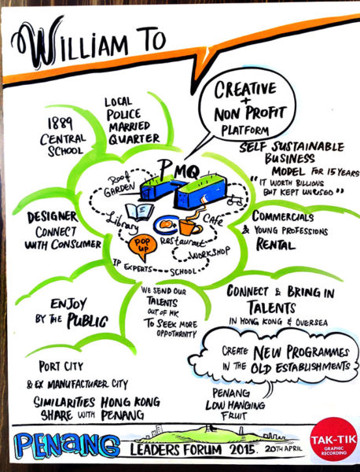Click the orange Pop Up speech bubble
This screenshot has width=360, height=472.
coord(142,247)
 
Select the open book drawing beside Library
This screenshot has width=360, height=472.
coord(139,212)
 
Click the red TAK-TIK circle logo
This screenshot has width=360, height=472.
coord(333,439)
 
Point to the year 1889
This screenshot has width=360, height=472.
coord(61,124)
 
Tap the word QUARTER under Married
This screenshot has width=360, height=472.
coord(134,138)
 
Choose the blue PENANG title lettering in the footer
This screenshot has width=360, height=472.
coord(67,445)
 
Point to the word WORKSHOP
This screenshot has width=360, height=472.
coord(210,253)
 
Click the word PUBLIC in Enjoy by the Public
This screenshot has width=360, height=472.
coord(87,321)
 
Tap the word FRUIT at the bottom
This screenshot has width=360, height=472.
coord(233,416)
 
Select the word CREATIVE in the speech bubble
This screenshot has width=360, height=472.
coord(245,90)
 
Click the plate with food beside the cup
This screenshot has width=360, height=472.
coord(166,224)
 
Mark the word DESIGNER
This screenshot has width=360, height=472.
coord(52,217)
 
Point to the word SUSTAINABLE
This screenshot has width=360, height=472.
coord(307,146)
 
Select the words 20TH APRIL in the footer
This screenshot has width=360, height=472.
coord(283,449)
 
